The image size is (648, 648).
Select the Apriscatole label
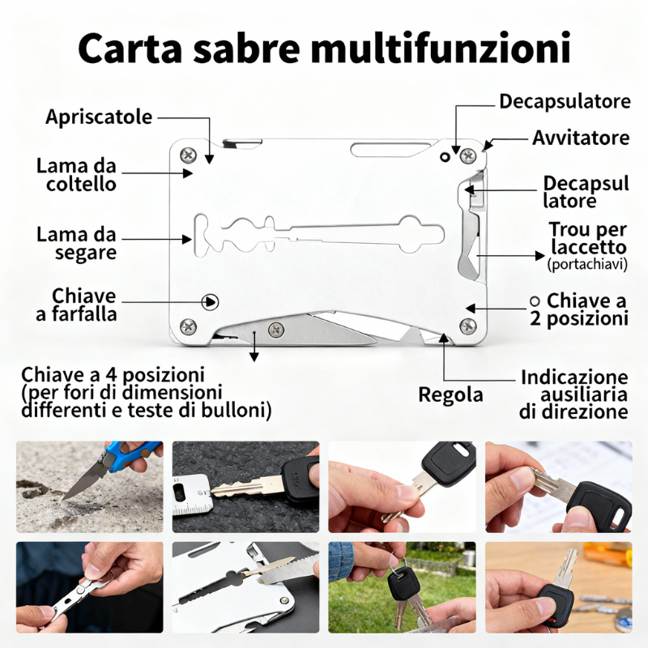(99, 117)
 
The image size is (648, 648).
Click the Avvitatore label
(580, 138)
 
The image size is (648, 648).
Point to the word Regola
(450, 395)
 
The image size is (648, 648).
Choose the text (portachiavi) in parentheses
(587, 264)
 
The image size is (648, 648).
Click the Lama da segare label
(76, 244)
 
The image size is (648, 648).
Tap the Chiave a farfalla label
(75, 305)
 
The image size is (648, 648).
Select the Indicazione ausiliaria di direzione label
(573, 394)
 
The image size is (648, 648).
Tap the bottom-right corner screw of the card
(467, 326)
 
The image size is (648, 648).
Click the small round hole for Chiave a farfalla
(211, 301)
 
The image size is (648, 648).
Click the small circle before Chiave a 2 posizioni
(534, 300)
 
